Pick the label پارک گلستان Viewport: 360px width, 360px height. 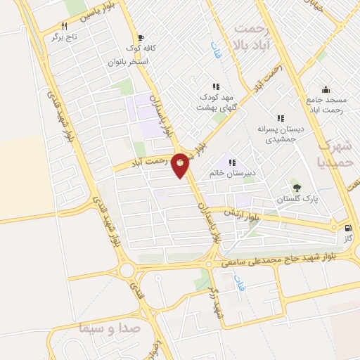(x=292, y=199)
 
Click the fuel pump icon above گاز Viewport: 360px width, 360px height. (x=347, y=228)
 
